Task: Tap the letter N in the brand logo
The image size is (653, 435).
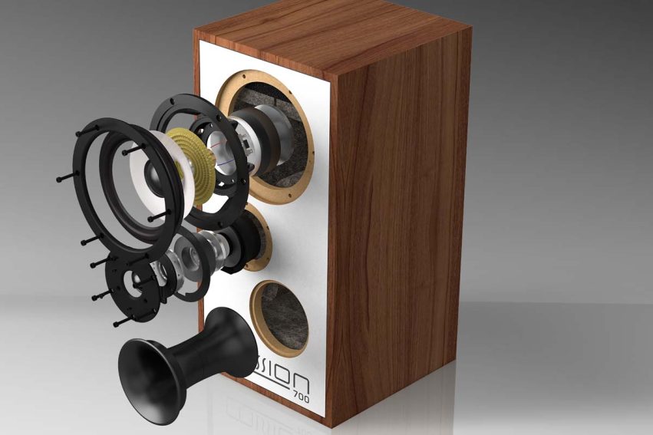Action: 302,381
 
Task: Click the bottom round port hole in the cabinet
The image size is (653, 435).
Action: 280,315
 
